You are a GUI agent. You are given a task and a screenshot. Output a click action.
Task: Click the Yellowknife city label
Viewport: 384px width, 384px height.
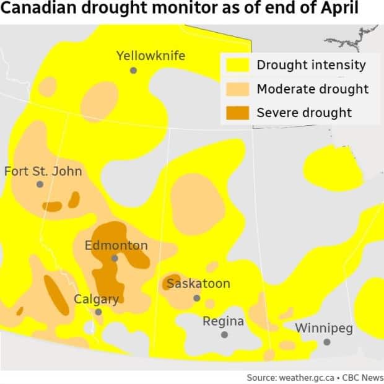pyautogui.click(x=151, y=56)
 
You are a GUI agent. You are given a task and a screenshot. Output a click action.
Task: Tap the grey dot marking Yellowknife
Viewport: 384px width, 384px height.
pyautogui.click(x=133, y=71)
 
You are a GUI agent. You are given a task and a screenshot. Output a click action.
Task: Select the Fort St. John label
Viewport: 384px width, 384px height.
pyautogui.click(x=43, y=171)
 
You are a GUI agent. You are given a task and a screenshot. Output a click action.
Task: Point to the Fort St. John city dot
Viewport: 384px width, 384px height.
pyautogui.click(x=40, y=185)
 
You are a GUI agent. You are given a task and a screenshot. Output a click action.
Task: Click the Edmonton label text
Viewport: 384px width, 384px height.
pyautogui.click(x=116, y=245)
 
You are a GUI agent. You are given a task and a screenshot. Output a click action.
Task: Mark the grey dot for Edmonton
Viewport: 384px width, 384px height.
pyautogui.click(x=115, y=258)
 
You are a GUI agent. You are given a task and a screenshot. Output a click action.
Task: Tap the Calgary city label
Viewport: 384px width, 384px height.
pyautogui.click(x=96, y=299)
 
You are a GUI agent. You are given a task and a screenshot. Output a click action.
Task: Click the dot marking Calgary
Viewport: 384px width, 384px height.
pyautogui.click(x=98, y=312)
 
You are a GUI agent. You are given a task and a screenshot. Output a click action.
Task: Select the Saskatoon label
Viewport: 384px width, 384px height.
pyautogui.click(x=198, y=284)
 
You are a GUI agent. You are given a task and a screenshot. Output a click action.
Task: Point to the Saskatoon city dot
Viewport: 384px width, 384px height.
pyautogui.click(x=197, y=298)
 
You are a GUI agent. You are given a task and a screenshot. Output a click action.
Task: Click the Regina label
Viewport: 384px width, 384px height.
pyautogui.click(x=223, y=321)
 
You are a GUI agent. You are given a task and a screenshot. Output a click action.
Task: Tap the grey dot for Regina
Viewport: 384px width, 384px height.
pyautogui.click(x=224, y=334)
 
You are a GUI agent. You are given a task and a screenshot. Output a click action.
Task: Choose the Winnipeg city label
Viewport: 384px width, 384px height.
pyautogui.click(x=323, y=328)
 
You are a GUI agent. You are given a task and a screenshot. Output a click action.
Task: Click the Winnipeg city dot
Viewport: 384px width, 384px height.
pyautogui.click(x=326, y=342)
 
